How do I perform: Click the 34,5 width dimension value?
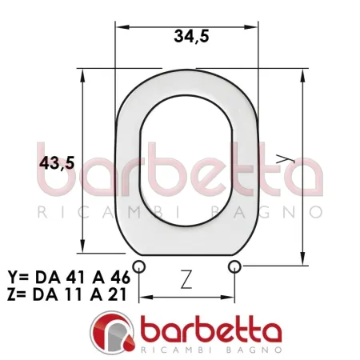pos(191,37)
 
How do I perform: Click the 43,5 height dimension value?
pos(57,162)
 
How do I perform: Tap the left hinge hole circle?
pos(139,266)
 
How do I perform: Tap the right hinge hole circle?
pos(234,266)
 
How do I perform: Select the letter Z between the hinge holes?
pos(186,279)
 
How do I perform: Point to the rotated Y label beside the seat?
pos(285,158)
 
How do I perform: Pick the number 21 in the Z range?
pos(117,294)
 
